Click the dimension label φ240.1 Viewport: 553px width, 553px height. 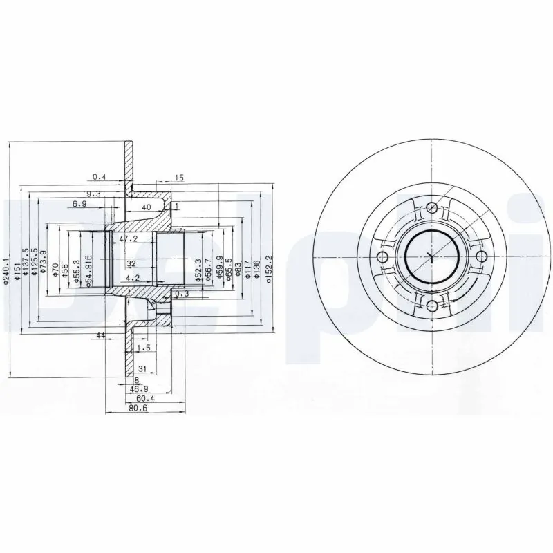(x=6, y=269)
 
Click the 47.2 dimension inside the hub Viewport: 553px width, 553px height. (x=129, y=238)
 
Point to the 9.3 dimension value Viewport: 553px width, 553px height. (x=94, y=194)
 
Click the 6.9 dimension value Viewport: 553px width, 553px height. (x=80, y=204)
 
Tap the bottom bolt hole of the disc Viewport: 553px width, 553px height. (x=431, y=306)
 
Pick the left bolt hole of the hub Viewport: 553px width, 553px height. (x=382, y=256)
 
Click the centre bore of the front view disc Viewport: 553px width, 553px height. (x=431, y=256)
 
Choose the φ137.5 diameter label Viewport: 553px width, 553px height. (x=25, y=263)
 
